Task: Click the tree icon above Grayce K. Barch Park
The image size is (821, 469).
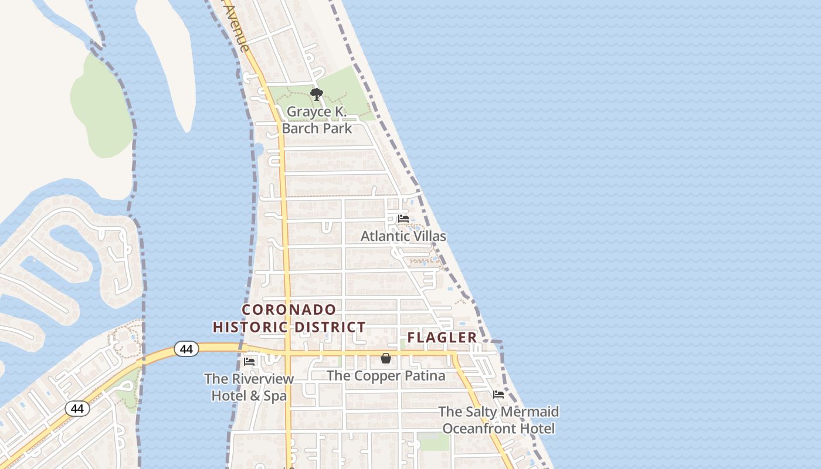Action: pyautogui.click(x=317, y=94)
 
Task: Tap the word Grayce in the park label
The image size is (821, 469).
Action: pyautogui.click(x=309, y=111)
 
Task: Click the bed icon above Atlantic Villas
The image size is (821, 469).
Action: pyautogui.click(x=403, y=219)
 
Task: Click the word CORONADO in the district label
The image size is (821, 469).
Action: pyautogui.click(x=289, y=310)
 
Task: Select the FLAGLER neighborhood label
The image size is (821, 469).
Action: pyautogui.click(x=442, y=338)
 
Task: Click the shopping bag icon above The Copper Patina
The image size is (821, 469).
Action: pyautogui.click(x=386, y=358)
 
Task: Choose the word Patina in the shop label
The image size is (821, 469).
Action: pyautogui.click(x=425, y=376)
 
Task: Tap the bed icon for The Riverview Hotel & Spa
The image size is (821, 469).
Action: pyautogui.click(x=249, y=361)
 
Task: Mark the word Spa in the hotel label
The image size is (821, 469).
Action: pyautogui.click(x=276, y=396)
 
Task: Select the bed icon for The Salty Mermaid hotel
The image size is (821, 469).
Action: pyautogui.click(x=498, y=395)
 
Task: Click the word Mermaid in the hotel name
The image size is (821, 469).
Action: pyautogui.click(x=531, y=412)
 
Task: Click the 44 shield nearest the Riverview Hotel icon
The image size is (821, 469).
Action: pyautogui.click(x=186, y=349)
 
